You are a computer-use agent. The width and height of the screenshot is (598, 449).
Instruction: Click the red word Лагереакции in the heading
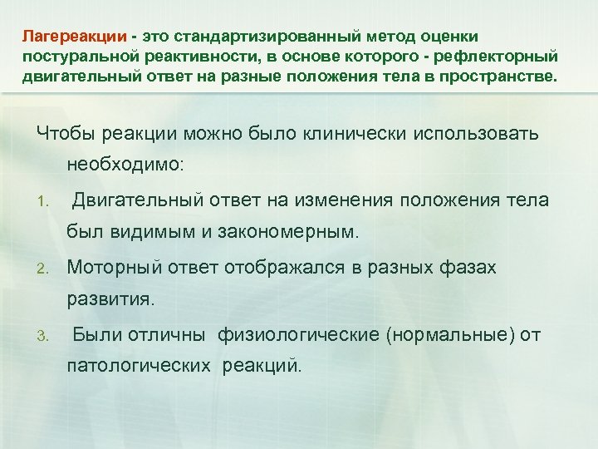tap(75, 37)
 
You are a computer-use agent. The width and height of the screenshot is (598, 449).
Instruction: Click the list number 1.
tap(49, 201)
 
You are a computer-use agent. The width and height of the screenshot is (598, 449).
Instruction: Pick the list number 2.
tap(49, 269)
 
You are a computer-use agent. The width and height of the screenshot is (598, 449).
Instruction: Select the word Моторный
tap(111, 268)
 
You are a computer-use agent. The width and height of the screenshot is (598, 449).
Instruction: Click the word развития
tap(110, 300)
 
